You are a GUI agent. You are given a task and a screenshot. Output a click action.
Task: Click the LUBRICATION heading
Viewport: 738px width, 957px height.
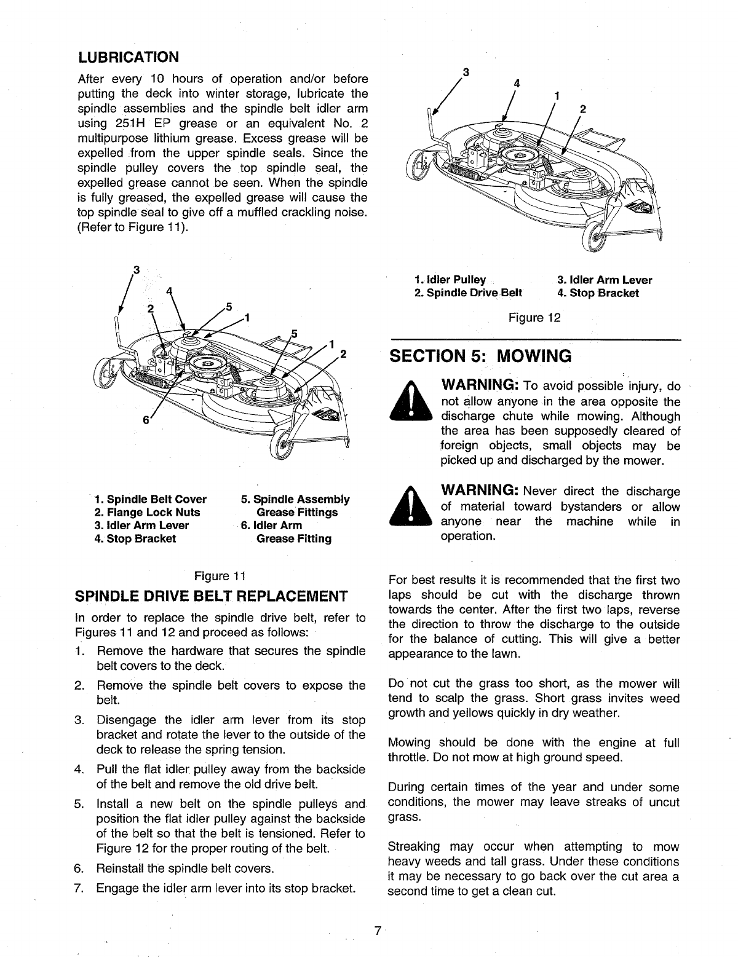pyautogui.click(x=129, y=57)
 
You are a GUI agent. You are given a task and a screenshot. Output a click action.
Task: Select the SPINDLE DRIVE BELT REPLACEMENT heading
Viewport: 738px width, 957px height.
pyautogui.click(x=211, y=597)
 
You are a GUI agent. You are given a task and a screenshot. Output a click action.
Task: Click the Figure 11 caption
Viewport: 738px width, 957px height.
pyautogui.click(x=220, y=576)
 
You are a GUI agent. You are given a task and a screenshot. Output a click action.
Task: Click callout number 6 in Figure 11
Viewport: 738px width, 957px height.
pyautogui.click(x=146, y=420)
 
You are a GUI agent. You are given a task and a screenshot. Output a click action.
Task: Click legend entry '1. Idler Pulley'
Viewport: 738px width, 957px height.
pyautogui.click(x=450, y=280)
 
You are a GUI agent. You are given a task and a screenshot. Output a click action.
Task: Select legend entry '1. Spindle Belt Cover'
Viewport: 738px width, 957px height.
pyautogui.click(x=151, y=499)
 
